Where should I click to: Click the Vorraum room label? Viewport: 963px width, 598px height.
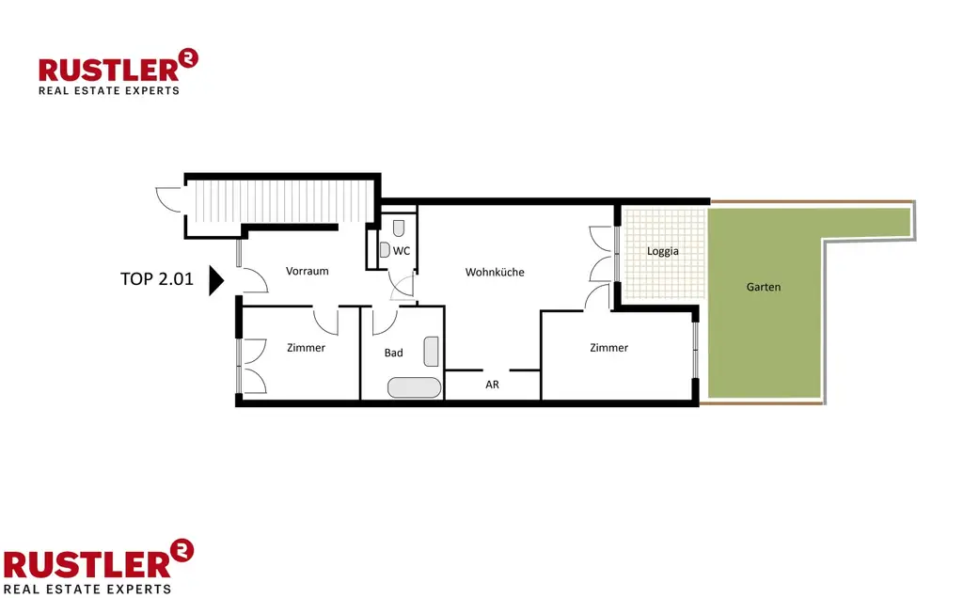[308, 271]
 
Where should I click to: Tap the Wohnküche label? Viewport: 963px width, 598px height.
[495, 272]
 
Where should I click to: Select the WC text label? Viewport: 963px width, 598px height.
[402, 250]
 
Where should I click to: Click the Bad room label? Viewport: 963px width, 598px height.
[393, 353]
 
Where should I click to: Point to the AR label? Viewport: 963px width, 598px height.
[492, 386]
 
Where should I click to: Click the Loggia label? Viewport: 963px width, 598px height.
[663, 251]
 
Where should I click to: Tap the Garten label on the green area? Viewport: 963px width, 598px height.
[764, 287]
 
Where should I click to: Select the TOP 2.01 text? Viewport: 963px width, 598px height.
[156, 279]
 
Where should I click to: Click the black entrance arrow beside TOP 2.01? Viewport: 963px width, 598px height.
[215, 279]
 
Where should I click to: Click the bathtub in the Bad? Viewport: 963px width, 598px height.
[414, 387]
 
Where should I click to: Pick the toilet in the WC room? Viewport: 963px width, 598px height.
[399, 228]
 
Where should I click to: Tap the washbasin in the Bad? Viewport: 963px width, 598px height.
[431, 351]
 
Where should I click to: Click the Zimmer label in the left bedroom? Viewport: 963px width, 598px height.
[306, 348]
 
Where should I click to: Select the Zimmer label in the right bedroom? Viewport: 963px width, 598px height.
[608, 348]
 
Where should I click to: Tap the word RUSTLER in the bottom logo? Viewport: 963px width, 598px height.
[87, 563]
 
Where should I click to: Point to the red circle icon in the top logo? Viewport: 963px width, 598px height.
[189, 59]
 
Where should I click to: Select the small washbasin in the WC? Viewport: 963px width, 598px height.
[385, 250]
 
